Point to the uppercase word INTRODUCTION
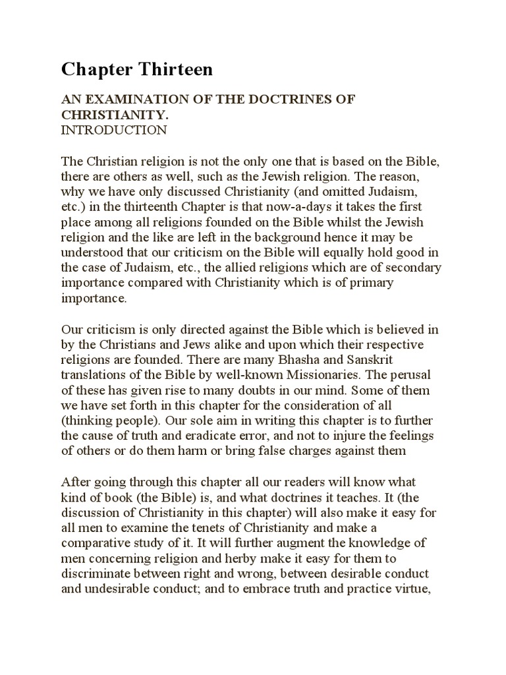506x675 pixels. tap(114, 130)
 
